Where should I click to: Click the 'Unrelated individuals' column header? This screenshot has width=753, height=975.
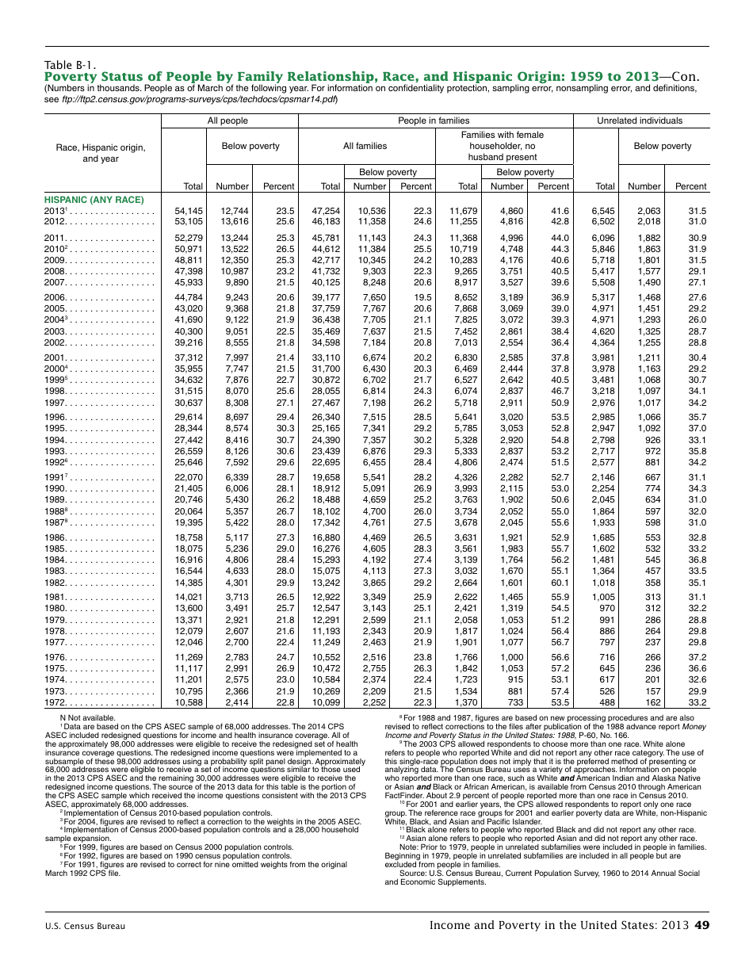coord(640,120)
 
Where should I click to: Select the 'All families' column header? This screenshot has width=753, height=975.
coord(365,146)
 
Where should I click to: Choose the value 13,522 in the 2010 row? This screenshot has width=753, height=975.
coord(234,249)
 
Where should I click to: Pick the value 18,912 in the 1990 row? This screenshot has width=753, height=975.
coord(326,488)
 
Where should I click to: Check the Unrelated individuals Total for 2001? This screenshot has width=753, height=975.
coord(605,358)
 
